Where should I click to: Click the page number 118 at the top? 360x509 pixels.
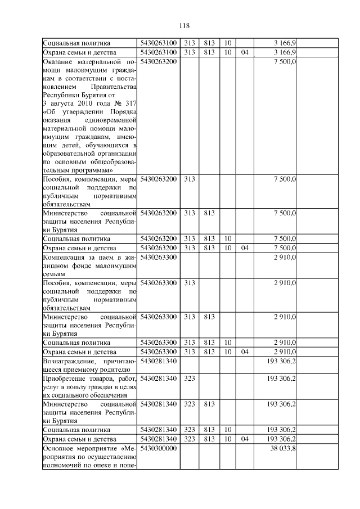[183, 25]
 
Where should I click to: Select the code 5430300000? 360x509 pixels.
[159, 448]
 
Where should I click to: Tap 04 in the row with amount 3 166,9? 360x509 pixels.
[244, 52]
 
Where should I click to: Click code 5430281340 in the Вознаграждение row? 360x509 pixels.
[159, 361]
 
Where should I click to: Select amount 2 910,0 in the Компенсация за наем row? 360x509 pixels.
[285, 256]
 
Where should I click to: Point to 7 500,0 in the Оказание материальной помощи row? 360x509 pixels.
[285, 61]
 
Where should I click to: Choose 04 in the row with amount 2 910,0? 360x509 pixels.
[244, 352]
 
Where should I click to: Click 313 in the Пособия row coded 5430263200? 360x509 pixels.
[190, 178]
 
